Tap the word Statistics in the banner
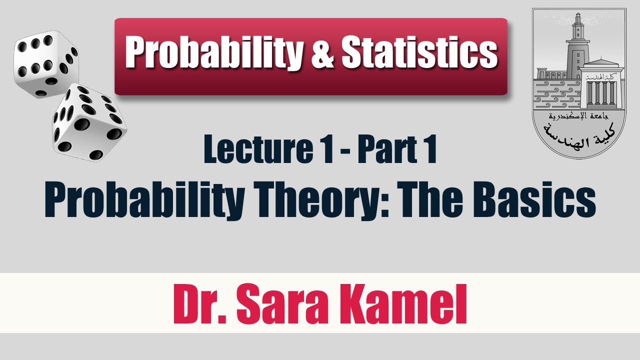[x=419, y=52]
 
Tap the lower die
[x=88, y=122]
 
